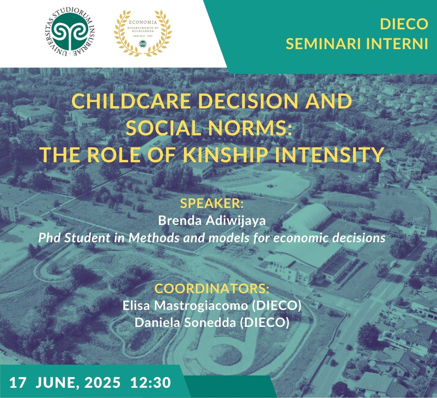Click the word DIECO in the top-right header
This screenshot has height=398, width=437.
point(404,24)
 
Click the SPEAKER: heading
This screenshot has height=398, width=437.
point(212,203)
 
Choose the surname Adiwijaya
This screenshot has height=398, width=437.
point(236,221)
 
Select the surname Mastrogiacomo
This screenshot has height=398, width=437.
point(201,306)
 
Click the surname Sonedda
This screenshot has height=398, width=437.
point(210,323)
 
